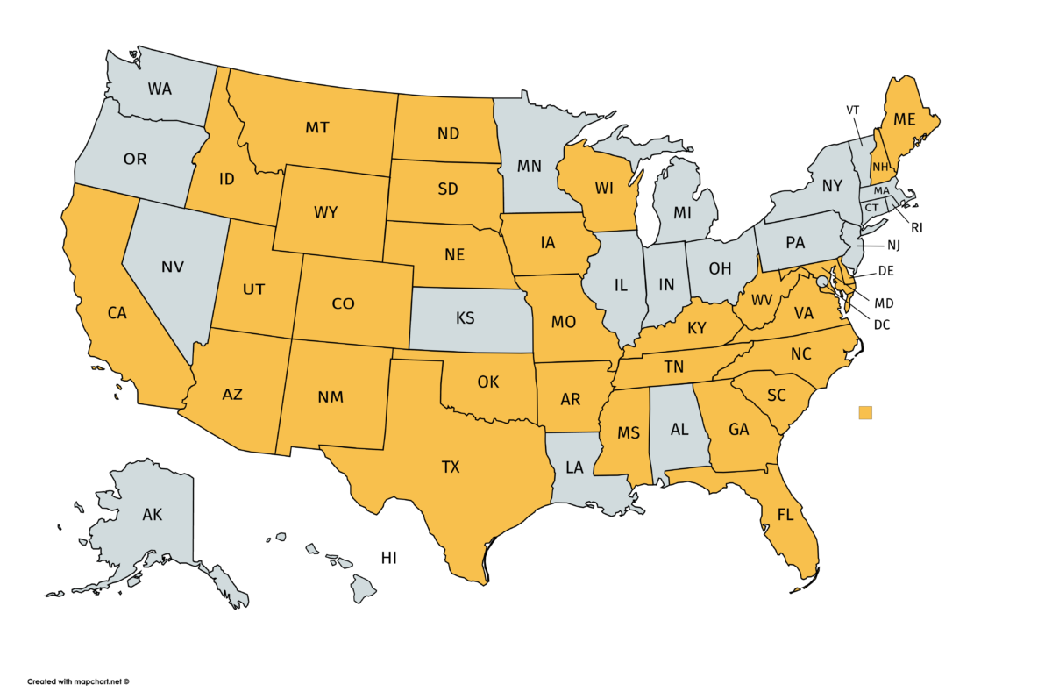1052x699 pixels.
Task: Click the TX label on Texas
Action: click(450, 467)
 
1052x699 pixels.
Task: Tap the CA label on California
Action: click(117, 313)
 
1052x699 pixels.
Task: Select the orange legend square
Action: click(865, 413)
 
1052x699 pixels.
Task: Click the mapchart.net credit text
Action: click(78, 681)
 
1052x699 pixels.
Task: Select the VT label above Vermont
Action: click(853, 111)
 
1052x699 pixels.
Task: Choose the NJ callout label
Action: click(893, 246)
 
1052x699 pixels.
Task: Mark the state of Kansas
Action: click(466, 318)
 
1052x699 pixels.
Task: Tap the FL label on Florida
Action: click(785, 516)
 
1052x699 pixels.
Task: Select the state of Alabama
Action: click(679, 430)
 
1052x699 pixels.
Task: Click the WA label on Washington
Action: click(160, 89)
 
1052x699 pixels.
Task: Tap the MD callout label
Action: click(883, 303)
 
